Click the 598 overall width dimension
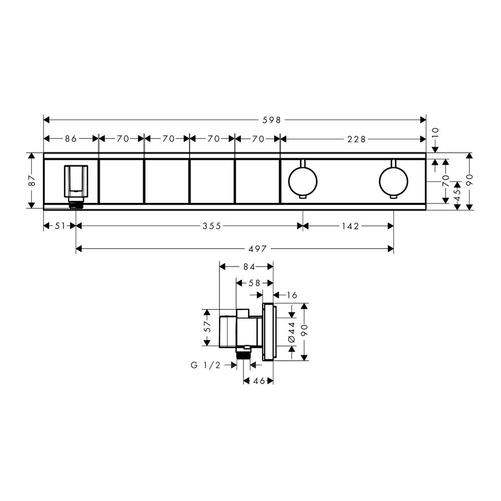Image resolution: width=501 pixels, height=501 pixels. coord(272,120)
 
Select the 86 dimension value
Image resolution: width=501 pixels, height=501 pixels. coord(71,139)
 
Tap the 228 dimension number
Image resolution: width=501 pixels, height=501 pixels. coord(356,139)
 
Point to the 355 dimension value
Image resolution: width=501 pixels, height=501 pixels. coord(212,226)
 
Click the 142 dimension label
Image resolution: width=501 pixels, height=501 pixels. coord(351,226)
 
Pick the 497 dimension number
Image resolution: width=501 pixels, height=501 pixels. coord(258,248)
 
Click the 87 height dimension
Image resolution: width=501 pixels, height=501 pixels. coord(32,180)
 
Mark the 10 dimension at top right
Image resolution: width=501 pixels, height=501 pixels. coord(435,133)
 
